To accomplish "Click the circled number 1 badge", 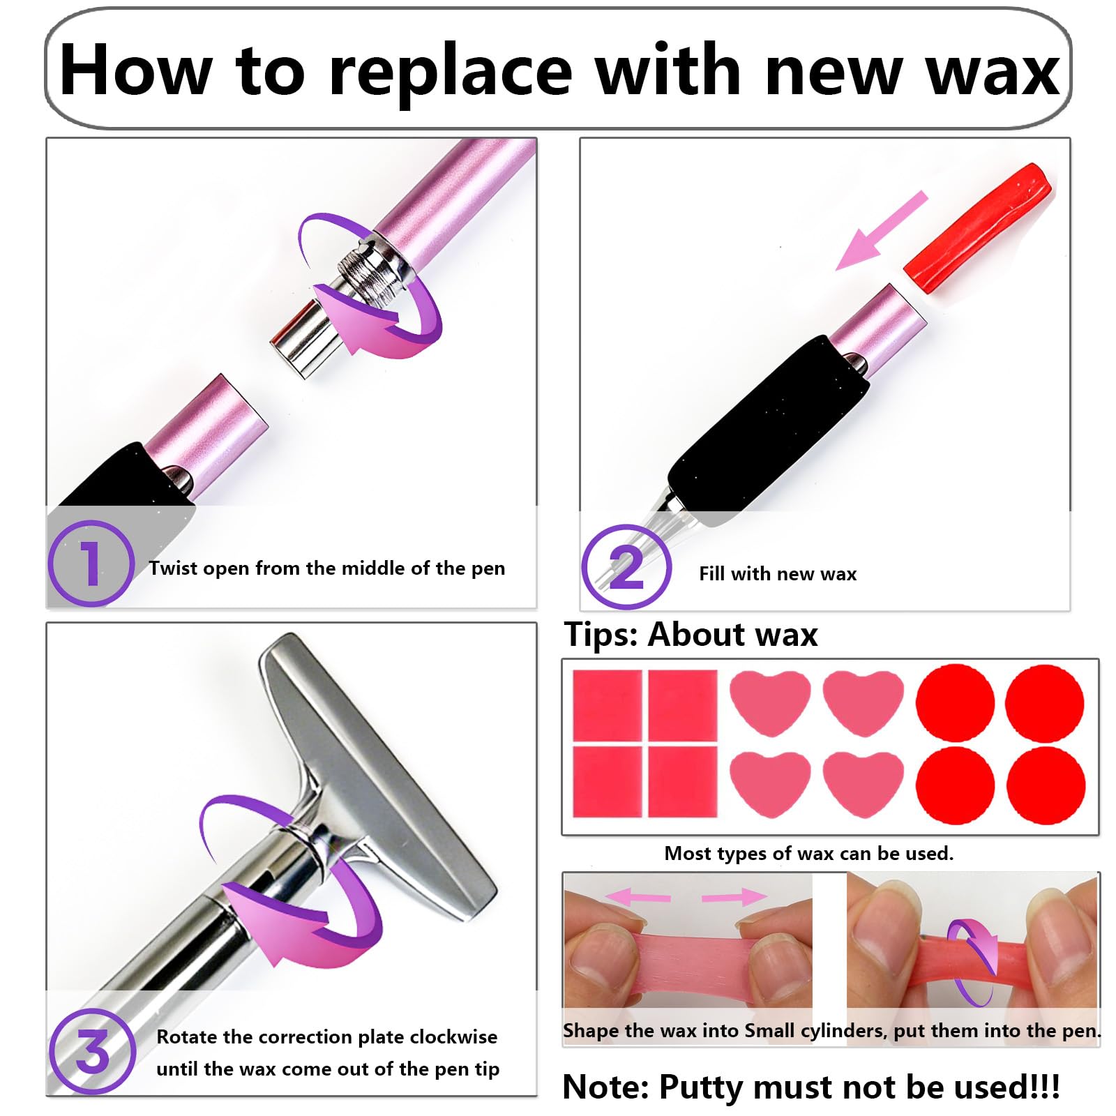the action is [90, 563].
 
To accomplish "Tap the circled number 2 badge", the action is [626, 567].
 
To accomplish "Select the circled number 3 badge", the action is [91, 1051].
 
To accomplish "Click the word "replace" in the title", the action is [450, 70].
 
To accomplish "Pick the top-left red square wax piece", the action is [607, 705].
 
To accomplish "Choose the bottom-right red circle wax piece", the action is [1046, 785].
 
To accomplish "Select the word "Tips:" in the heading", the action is [601, 635].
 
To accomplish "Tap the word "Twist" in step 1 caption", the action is [173, 568].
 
